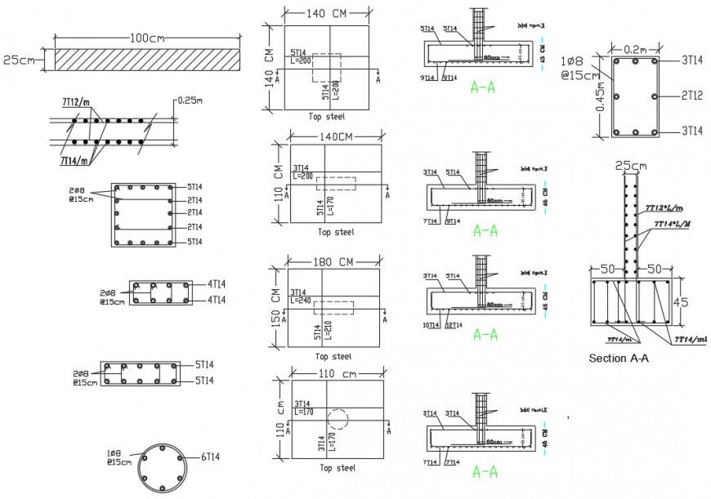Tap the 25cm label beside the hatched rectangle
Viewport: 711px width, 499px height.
tap(18, 60)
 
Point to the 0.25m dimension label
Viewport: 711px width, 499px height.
tap(194, 101)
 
